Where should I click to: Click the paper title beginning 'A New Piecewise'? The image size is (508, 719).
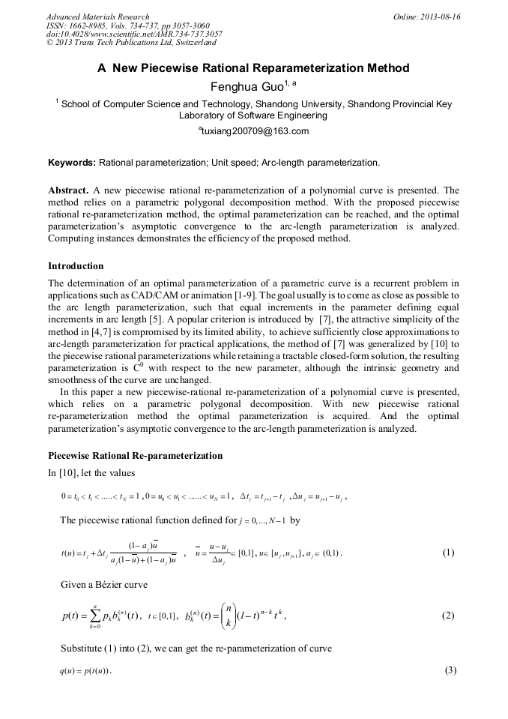tap(253, 68)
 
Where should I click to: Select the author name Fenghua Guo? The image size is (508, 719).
tap(249, 86)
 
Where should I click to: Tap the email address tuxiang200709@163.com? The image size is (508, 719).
tap(253, 131)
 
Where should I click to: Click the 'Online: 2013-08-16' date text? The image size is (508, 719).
tap(427, 16)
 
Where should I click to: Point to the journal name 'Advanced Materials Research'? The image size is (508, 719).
tap(98, 16)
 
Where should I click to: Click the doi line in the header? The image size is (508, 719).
tap(134, 34)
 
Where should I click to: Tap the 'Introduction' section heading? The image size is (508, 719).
tap(76, 266)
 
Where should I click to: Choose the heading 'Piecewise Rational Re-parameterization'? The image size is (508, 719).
tap(135, 455)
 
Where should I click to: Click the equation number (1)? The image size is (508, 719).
tap(448, 553)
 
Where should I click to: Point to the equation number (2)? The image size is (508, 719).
tap(448, 616)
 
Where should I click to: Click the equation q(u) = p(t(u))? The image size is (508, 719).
tap(85, 670)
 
